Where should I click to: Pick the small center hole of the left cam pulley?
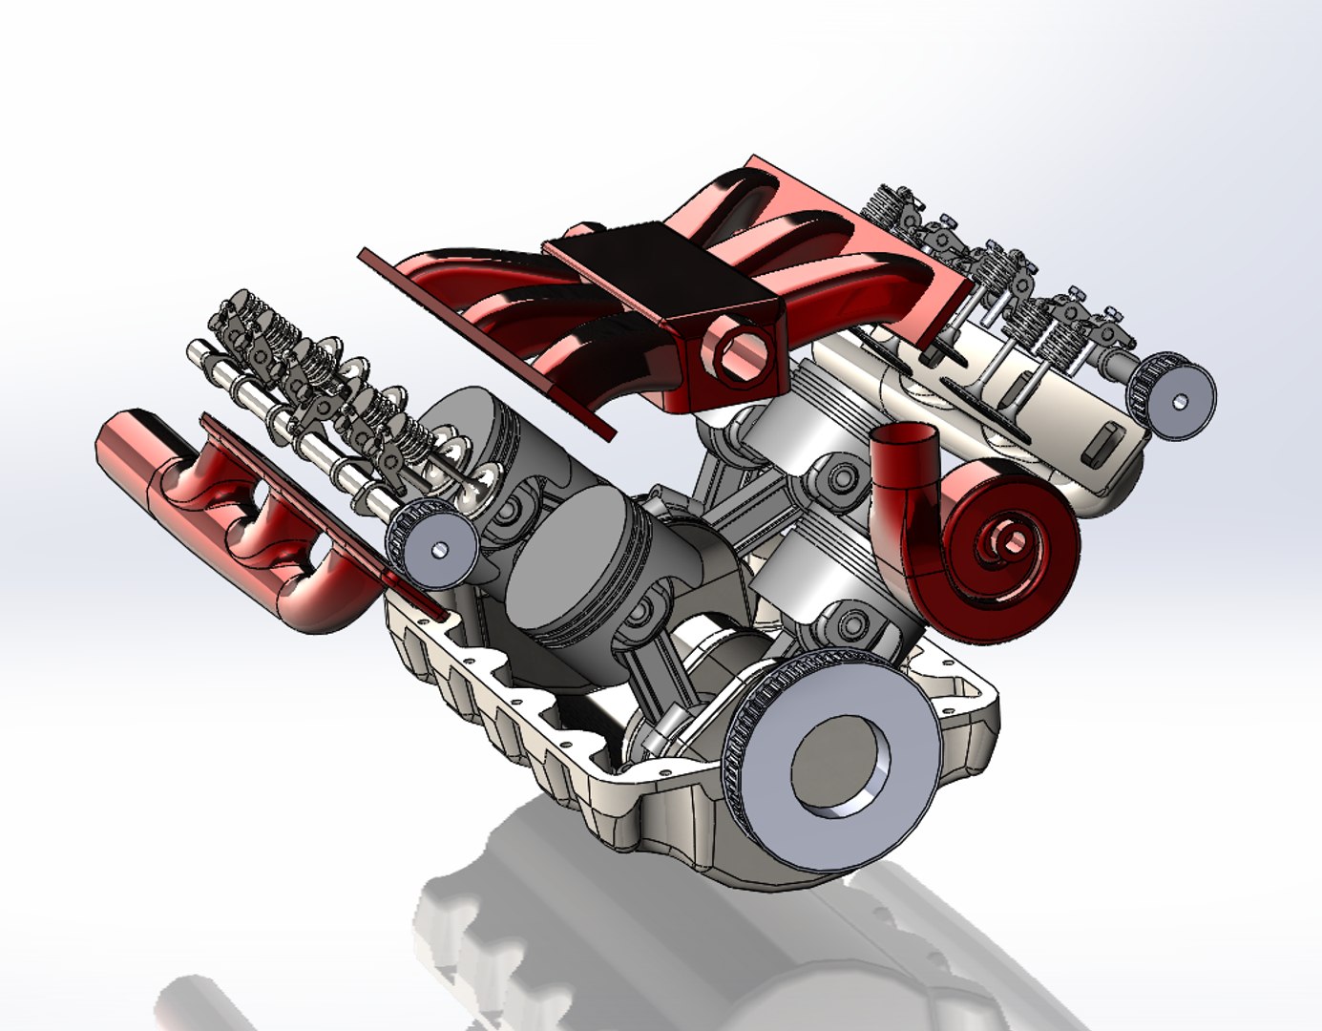tap(440, 551)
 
